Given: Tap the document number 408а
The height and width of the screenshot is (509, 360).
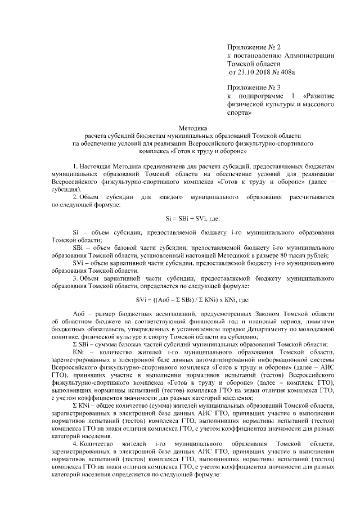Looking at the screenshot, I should (x=286, y=73).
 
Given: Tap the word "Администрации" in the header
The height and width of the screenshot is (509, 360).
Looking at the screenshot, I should (x=310, y=55).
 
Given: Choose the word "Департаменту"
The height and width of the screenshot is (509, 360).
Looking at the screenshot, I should (x=259, y=327).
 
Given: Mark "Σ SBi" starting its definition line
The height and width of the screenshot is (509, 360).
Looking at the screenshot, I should (x=80, y=343).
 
